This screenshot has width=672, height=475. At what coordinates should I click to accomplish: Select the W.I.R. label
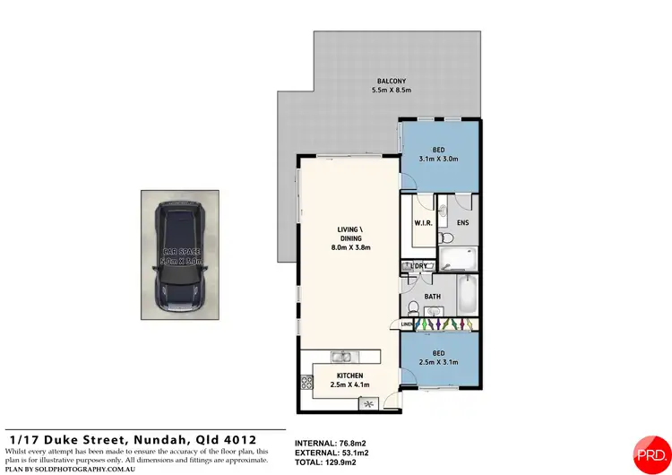(x=424, y=223)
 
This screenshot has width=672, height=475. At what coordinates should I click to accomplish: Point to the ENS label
(x=462, y=223)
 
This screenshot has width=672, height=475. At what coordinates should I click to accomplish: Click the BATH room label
(x=432, y=297)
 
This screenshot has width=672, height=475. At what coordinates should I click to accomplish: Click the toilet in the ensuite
(x=449, y=237)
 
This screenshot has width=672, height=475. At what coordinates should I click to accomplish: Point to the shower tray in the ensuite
(x=460, y=260)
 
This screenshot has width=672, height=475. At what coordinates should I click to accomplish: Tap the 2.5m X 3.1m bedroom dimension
(x=440, y=362)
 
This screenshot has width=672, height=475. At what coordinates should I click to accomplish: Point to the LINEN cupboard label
(x=407, y=324)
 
